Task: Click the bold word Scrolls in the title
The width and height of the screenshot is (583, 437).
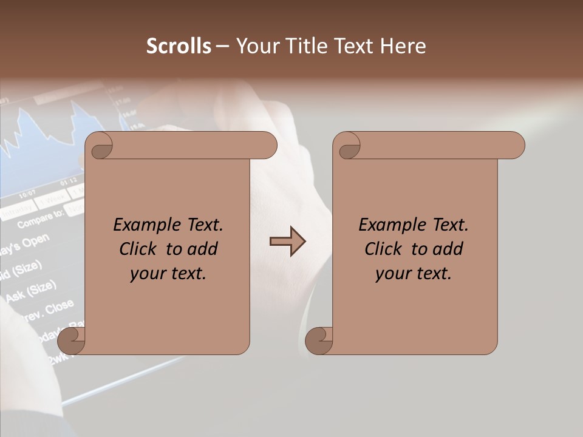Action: tap(179, 46)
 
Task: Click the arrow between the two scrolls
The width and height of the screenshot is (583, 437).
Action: tap(287, 242)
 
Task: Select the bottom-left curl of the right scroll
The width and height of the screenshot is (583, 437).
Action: tap(320, 340)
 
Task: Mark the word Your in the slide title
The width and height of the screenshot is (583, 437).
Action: tap(256, 46)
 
